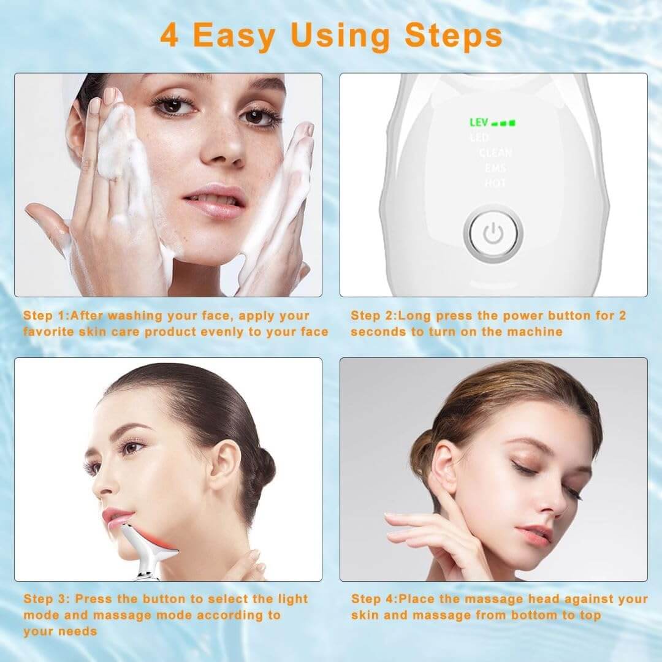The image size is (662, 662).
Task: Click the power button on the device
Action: pos(493,234)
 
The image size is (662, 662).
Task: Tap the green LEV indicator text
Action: pos(479,123)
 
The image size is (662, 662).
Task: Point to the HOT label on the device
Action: pos(495,183)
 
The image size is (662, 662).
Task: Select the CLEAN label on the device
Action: pos(495,153)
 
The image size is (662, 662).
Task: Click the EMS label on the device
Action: pos(495,168)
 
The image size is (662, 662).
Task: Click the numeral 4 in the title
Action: pos(170,36)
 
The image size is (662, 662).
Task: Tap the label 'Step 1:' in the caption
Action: pos(47,316)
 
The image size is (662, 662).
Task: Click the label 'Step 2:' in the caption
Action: pos(374,316)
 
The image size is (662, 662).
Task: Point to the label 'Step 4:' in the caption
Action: pos(374,599)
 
